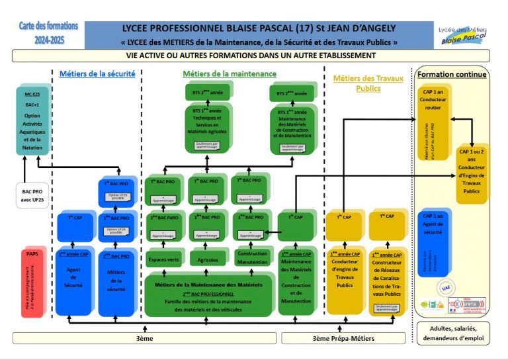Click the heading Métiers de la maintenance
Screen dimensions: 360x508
click(x=230, y=73)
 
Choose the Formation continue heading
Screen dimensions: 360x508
click(x=452, y=74)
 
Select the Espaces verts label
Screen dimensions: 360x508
click(x=163, y=259)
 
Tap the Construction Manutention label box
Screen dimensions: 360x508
click(x=252, y=257)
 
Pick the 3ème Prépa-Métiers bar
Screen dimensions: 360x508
click(x=343, y=338)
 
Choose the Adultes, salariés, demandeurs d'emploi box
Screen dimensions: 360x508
click(x=452, y=334)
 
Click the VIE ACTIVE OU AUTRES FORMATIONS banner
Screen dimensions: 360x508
click(x=251, y=56)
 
